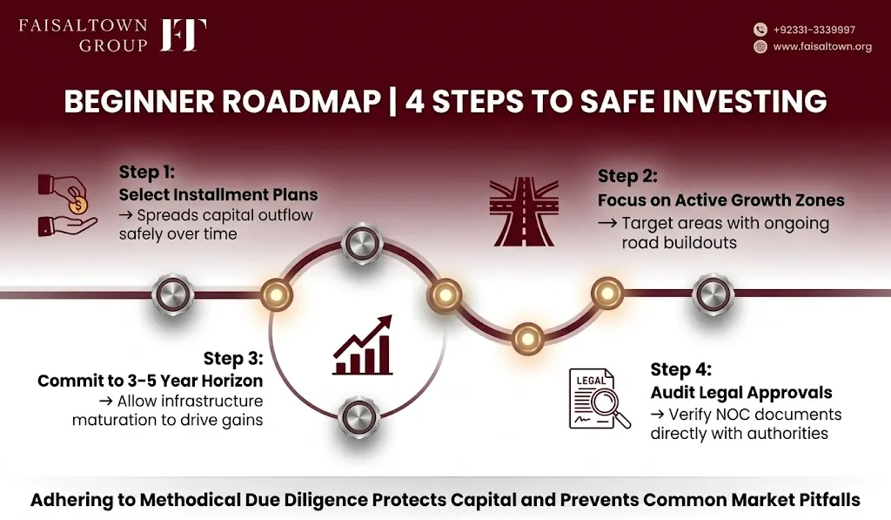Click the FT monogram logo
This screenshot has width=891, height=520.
pyautogui.click(x=184, y=35)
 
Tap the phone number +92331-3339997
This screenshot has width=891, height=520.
pyautogui.click(x=814, y=30)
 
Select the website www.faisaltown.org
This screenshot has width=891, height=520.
pyautogui.click(x=822, y=47)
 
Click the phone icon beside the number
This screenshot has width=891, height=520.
pyautogui.click(x=760, y=30)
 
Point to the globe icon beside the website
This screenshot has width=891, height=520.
pyautogui.click(x=760, y=47)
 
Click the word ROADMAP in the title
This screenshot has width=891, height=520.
pyautogui.click(x=301, y=102)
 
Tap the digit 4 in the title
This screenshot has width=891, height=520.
pyautogui.click(x=415, y=102)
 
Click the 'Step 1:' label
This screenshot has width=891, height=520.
pyautogui.click(x=146, y=172)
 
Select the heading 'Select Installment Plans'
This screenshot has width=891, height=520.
pyautogui.click(x=218, y=194)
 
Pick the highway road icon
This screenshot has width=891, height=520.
pyautogui.click(x=524, y=212)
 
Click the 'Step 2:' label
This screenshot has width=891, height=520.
pyautogui.click(x=627, y=176)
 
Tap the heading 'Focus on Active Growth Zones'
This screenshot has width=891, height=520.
pyautogui.click(x=721, y=200)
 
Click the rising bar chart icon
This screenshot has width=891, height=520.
pyautogui.click(x=363, y=345)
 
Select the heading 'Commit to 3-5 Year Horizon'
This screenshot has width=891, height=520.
pyautogui.click(x=150, y=381)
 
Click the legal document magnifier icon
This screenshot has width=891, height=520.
pyautogui.click(x=600, y=399)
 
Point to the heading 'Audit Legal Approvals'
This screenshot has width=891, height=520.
pyautogui.click(x=741, y=393)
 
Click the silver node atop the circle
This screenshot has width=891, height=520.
pyautogui.click(x=362, y=245)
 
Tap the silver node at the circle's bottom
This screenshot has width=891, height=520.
pyautogui.click(x=358, y=416)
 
